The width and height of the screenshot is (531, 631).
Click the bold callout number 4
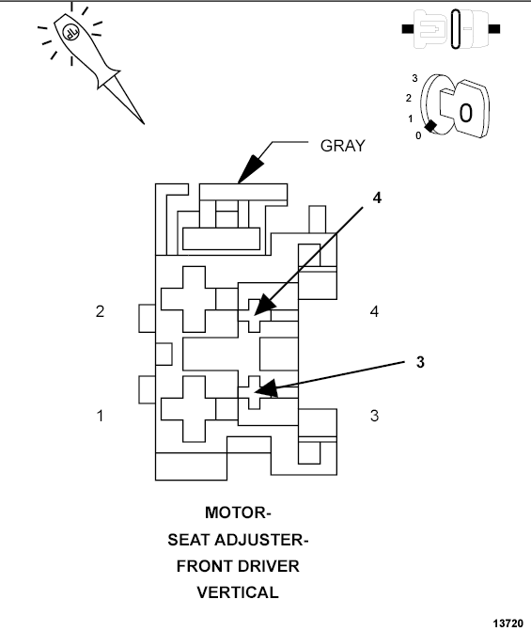click(x=377, y=198)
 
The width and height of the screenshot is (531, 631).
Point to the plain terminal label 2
click(x=100, y=311)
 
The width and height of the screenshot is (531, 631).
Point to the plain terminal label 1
click(x=100, y=415)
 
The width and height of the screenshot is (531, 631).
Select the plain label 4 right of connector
click(x=374, y=311)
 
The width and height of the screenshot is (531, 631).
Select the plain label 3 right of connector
click(x=374, y=415)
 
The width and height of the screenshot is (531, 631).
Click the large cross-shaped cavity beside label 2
click(x=189, y=300)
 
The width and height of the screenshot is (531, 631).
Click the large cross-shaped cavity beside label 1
click(x=189, y=407)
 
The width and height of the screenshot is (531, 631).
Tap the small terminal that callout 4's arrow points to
click(x=255, y=309)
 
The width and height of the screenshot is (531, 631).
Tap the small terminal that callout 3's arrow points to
click(x=255, y=390)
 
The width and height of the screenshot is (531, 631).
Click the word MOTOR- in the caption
click(x=238, y=513)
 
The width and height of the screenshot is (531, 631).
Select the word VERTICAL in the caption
click(x=238, y=592)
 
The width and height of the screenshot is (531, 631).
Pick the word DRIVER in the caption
click(x=268, y=566)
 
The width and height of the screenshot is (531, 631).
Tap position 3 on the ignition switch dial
click(x=414, y=77)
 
